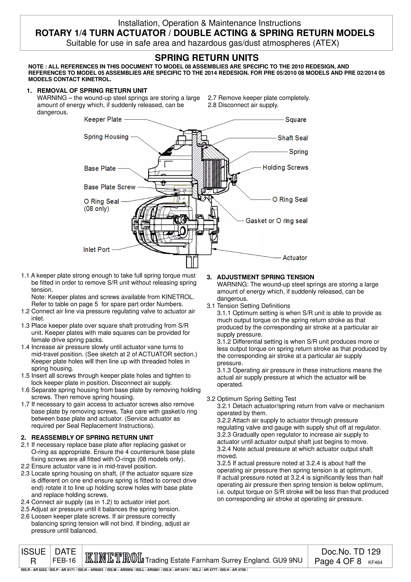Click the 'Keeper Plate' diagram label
pos(103,119)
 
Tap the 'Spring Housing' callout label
pos(106,137)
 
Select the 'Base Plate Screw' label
pos(110,187)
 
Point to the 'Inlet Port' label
pos(97,250)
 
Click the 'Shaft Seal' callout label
pos(292,138)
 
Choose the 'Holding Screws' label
pos(285,167)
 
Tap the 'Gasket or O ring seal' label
pos(276,221)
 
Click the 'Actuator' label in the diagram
pos(295,258)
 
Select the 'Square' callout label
pos(296,120)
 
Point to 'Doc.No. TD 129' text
pos(351,552)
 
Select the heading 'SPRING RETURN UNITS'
pos(207,58)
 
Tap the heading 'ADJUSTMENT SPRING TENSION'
pos(265,277)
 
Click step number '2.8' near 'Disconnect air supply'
pos(212,105)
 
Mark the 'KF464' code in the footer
pos(375,563)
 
